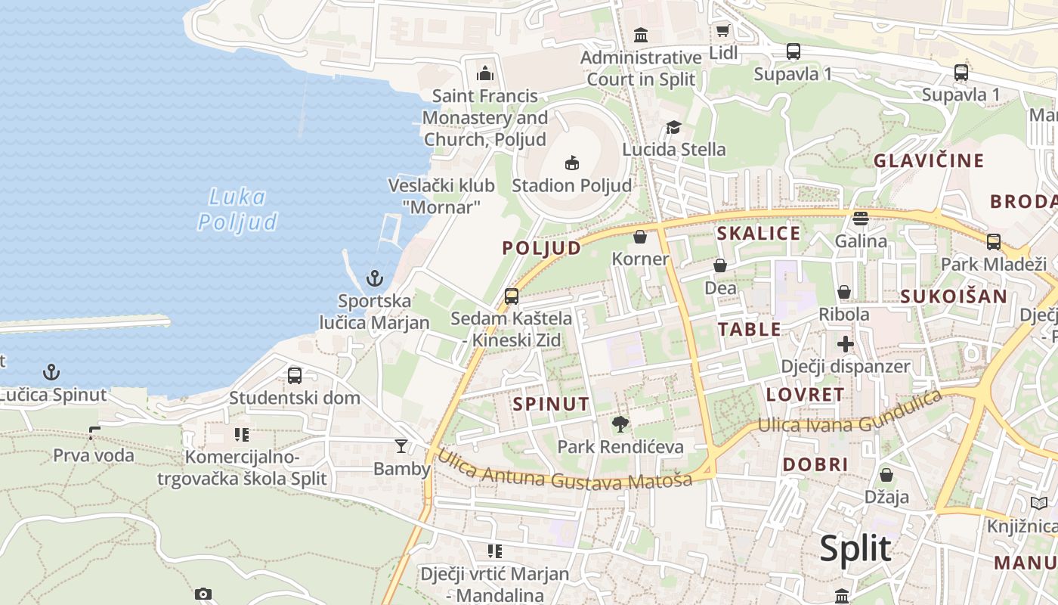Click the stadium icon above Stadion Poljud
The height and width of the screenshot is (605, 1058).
[x=572, y=163]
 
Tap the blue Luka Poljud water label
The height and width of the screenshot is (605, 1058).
[x=237, y=209]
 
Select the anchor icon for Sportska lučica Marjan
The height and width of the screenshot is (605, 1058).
[x=375, y=278]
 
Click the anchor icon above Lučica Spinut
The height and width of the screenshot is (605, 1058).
[x=51, y=371]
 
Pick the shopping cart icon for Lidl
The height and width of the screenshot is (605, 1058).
[x=722, y=31]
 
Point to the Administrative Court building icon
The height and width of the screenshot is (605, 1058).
[x=641, y=35]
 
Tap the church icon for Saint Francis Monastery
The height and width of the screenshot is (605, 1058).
[x=484, y=73]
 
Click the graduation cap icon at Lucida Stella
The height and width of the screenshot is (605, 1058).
[x=673, y=127]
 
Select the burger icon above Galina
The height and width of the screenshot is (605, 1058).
[x=861, y=219]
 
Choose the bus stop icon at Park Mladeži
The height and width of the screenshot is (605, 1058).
[x=993, y=242]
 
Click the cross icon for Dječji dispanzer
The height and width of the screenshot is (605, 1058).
[x=845, y=345]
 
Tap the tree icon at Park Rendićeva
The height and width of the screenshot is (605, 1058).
[x=620, y=424]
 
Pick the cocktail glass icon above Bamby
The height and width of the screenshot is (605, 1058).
[x=401, y=446]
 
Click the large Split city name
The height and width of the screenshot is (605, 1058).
[x=855, y=548]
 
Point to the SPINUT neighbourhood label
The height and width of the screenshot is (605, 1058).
[x=551, y=404]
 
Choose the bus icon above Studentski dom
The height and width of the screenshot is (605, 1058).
[x=295, y=375]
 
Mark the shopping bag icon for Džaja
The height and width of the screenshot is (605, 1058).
[x=886, y=475]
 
